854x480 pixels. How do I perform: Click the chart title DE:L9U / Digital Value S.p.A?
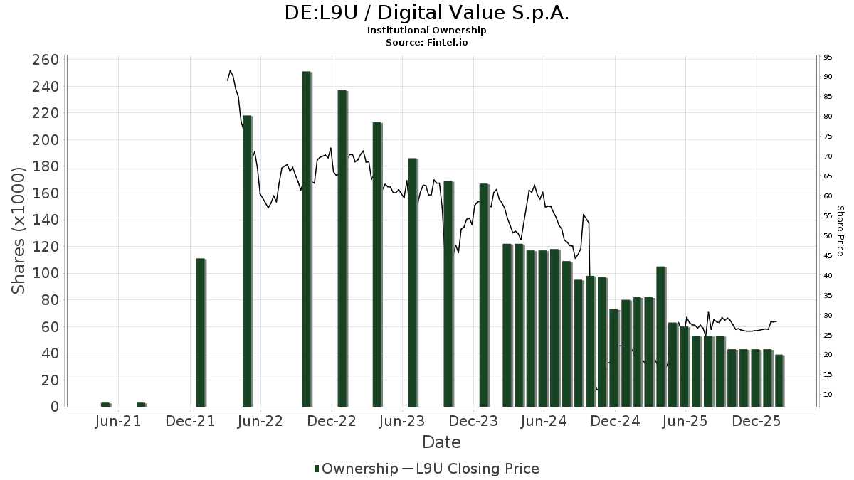[x=427, y=14]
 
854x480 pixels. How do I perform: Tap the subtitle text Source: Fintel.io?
[x=427, y=42]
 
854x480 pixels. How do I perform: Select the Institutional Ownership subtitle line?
[x=427, y=31]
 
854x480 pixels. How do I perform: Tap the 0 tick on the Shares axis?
[x=54, y=407]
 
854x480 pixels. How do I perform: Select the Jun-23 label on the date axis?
[x=402, y=421]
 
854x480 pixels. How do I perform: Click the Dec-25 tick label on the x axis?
[x=757, y=421]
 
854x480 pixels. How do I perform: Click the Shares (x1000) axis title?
[x=20, y=231]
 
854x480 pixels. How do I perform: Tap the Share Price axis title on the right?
[x=840, y=231]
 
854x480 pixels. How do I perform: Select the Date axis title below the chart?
[x=441, y=442]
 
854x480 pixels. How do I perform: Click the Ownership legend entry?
[x=357, y=469]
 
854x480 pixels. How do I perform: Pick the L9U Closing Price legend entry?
[x=470, y=469]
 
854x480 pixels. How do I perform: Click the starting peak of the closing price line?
[x=230, y=71]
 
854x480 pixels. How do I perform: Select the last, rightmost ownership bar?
[x=779, y=380]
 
